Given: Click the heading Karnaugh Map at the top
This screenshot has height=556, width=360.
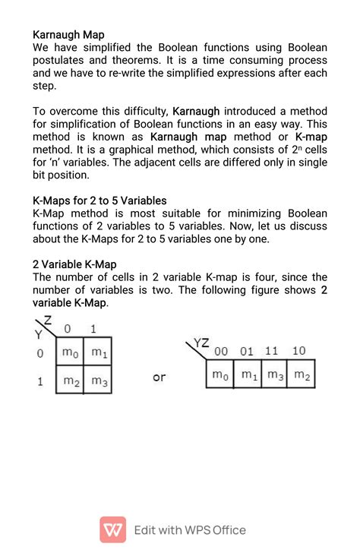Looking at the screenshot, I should coord(68,34).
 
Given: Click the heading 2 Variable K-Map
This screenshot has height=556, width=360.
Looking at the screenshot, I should coord(74,264).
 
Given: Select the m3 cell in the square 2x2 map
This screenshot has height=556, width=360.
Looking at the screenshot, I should coord(98,381).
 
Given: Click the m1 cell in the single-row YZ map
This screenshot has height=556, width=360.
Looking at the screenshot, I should coord(248,374).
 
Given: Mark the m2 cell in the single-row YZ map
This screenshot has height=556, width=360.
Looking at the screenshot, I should coord(301,374).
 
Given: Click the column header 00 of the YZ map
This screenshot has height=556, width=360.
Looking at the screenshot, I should coord(221,351).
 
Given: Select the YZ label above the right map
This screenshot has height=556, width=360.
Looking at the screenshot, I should coord(201,343).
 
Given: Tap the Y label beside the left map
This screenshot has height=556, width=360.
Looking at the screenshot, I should coord(38,335).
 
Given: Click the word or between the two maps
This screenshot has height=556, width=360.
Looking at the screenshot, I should coord(159,377).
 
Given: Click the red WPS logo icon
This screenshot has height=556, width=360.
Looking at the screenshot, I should coord(113,529).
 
